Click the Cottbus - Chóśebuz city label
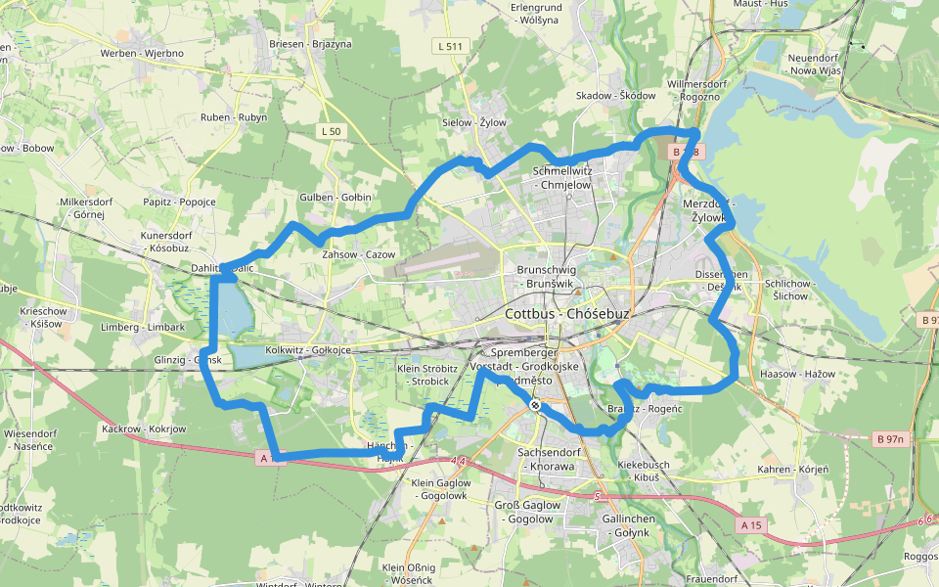(x=568, y=314)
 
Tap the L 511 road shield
(x=450, y=46)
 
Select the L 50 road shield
(x=331, y=131)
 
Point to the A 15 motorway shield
(x=751, y=525)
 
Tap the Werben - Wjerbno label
(x=142, y=52)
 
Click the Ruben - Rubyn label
(x=233, y=117)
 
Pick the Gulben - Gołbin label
(x=335, y=197)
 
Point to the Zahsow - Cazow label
(x=358, y=254)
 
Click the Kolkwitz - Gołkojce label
(x=307, y=350)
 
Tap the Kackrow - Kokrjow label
(x=144, y=429)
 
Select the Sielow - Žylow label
(x=474, y=122)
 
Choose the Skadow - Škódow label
(x=615, y=96)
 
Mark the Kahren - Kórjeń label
(x=792, y=470)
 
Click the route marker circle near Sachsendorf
(x=535, y=405)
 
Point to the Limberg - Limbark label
(x=143, y=327)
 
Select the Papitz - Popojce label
(x=179, y=202)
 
